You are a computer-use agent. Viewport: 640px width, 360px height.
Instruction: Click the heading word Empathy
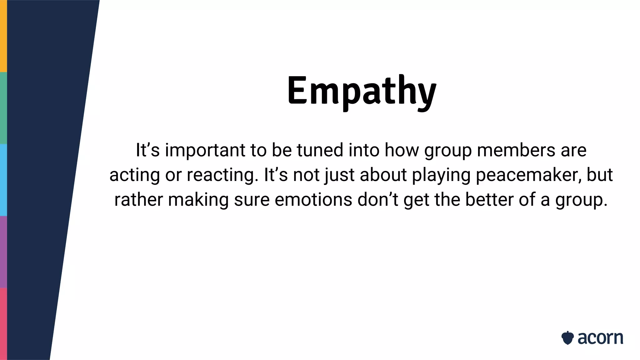click(x=362, y=91)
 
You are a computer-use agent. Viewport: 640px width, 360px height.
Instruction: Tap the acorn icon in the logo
click(x=567, y=338)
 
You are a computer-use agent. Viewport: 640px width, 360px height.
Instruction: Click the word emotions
click(x=313, y=200)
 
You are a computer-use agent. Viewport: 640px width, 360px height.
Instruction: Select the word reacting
click(x=223, y=175)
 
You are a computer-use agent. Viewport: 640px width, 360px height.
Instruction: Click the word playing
click(x=441, y=175)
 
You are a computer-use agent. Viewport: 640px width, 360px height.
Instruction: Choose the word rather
click(x=138, y=200)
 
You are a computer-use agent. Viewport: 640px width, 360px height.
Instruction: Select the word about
click(x=383, y=175)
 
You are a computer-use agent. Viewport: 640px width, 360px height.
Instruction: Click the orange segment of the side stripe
click(x=3, y=36)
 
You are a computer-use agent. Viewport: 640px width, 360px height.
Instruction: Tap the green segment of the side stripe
click(x=3, y=108)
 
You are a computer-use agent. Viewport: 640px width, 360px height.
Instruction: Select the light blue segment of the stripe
click(x=3, y=180)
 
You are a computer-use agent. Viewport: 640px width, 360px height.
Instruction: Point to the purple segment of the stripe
click(x=3, y=252)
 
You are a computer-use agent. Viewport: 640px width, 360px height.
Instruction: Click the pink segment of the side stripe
click(x=3, y=324)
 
